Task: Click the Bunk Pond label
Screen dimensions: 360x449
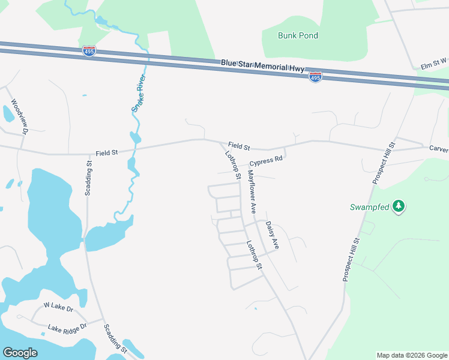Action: pyautogui.click(x=298, y=35)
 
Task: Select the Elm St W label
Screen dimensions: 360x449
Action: pyautogui.click(x=433, y=62)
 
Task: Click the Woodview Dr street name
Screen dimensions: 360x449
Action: pyautogui.click(x=20, y=116)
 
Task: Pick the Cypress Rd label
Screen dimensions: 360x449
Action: pyautogui.click(x=266, y=161)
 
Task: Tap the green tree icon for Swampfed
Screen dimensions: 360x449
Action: pyautogui.click(x=399, y=207)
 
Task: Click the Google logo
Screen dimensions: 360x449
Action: pyautogui.click(x=20, y=353)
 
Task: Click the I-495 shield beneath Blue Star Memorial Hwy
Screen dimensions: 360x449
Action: pyautogui.click(x=315, y=77)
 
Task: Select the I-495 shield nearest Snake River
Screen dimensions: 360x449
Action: pyautogui.click(x=89, y=51)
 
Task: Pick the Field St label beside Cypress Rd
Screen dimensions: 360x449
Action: pyautogui.click(x=238, y=146)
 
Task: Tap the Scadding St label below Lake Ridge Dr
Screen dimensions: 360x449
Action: pyautogui.click(x=115, y=339)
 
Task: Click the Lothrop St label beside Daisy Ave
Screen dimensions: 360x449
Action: pyautogui.click(x=255, y=254)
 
